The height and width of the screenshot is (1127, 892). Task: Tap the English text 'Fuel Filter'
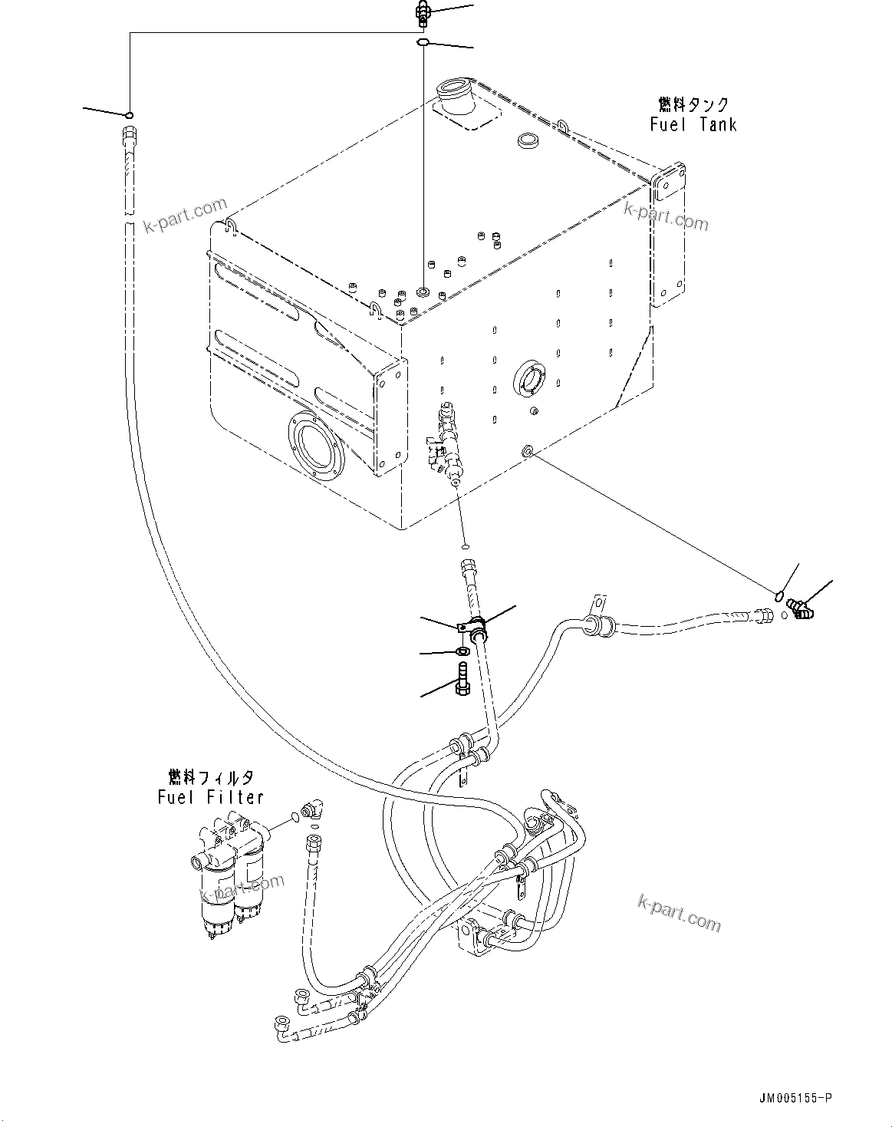pos(211,797)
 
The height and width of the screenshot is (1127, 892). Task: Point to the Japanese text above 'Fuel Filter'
pos(211,776)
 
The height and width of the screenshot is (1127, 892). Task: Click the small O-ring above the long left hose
pos(130,116)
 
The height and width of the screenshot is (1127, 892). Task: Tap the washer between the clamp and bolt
pos(462,652)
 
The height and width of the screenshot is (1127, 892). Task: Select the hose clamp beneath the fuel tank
pos(472,629)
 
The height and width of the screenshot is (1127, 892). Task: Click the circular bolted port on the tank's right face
pos(529,380)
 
